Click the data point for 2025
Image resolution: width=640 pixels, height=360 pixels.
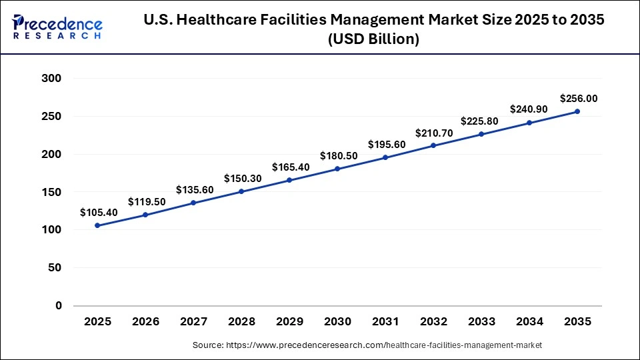(97, 225)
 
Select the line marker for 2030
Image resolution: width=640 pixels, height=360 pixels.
(337, 169)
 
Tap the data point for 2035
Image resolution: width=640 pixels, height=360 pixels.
(577, 111)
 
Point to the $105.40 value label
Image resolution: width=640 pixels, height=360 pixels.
(99, 212)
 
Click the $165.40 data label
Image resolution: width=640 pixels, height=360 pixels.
(291, 167)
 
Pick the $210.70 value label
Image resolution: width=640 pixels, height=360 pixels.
(435, 133)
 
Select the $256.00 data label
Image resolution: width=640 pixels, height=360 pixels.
(579, 98)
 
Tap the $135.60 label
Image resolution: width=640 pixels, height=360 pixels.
(195, 189)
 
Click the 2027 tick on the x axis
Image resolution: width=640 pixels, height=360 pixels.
(193, 321)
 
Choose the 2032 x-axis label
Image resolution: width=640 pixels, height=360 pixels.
(433, 321)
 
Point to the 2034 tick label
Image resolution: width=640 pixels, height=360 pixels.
(529, 321)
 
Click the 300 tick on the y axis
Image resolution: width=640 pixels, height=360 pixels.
(51, 79)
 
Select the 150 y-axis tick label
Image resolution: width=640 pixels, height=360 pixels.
(51, 192)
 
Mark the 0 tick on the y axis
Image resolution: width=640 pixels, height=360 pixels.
(59, 306)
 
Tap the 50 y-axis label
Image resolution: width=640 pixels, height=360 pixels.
(55, 268)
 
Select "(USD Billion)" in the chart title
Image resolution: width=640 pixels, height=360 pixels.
(374, 40)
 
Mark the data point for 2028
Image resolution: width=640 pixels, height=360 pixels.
(241, 191)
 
